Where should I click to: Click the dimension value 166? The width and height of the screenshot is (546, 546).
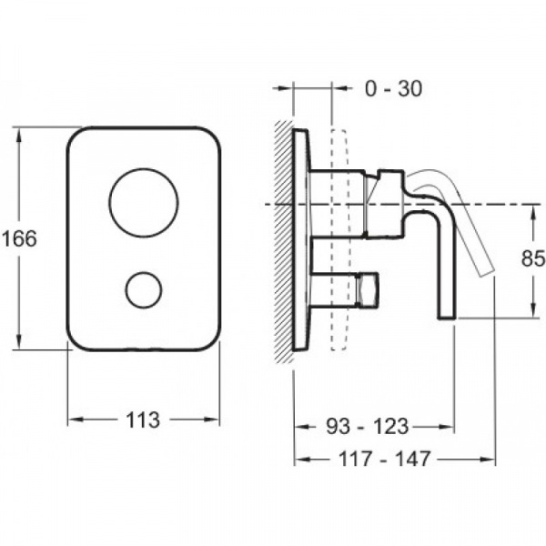click(18, 239)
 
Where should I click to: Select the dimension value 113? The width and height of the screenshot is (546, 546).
click(144, 420)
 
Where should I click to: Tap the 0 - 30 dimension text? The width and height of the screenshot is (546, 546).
click(392, 88)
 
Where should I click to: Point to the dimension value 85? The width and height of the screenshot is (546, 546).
click(531, 259)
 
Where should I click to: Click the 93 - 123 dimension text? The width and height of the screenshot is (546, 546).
click(368, 426)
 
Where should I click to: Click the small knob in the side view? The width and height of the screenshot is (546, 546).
click(368, 289)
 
